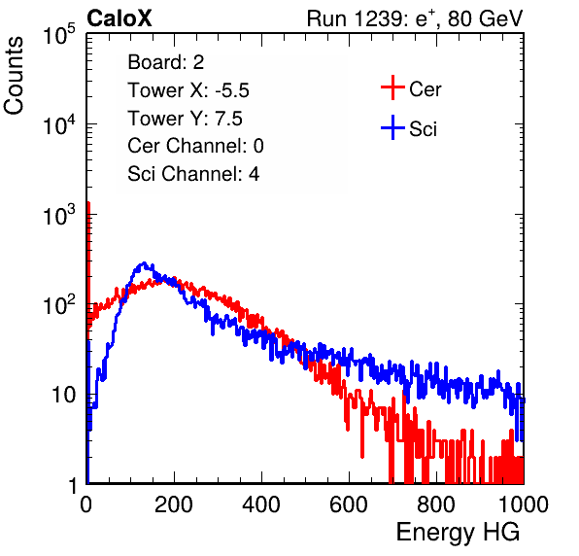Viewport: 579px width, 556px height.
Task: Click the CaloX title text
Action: [x=119, y=18]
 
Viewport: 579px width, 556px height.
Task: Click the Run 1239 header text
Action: [x=415, y=18]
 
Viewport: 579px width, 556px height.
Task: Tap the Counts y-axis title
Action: [x=14, y=75]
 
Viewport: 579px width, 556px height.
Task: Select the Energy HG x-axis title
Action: [x=458, y=533]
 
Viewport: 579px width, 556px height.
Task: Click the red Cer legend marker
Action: [x=392, y=87]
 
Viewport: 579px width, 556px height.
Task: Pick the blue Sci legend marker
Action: [x=392, y=127]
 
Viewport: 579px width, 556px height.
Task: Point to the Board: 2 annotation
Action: [x=165, y=62]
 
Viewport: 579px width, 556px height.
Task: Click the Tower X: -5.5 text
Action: [x=188, y=90]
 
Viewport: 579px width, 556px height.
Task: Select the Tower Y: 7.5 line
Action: [x=185, y=119]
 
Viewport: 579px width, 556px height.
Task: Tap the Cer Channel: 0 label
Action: [x=195, y=146]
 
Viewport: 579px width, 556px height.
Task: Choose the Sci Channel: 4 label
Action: [x=193, y=174]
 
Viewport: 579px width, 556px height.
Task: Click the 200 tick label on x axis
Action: [x=174, y=504]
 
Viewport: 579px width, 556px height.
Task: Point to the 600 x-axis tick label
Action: [x=349, y=504]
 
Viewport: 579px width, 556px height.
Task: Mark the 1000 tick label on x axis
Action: [x=524, y=504]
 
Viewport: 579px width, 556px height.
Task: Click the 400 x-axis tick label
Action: [x=261, y=504]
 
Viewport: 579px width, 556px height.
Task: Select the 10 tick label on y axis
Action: [x=63, y=395]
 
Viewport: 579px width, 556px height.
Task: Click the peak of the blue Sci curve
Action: [x=144, y=263]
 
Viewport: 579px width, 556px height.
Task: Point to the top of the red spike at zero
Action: [x=88, y=202]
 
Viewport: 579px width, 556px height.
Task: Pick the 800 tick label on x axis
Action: [x=436, y=504]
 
